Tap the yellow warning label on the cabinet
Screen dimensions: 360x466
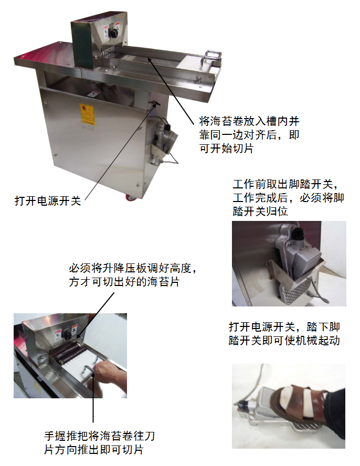[x=87, y=114]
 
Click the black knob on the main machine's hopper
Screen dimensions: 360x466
[x=113, y=33]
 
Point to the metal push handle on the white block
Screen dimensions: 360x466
[x=212, y=58]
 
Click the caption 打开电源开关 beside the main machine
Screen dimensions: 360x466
[x=48, y=201]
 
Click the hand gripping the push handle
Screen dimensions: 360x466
[x=111, y=377]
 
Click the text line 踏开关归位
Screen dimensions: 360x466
[x=260, y=211]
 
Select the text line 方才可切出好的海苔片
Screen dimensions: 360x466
[x=124, y=282]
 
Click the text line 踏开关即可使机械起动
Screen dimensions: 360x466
[x=284, y=340]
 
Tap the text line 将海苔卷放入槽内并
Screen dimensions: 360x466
[x=249, y=121]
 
